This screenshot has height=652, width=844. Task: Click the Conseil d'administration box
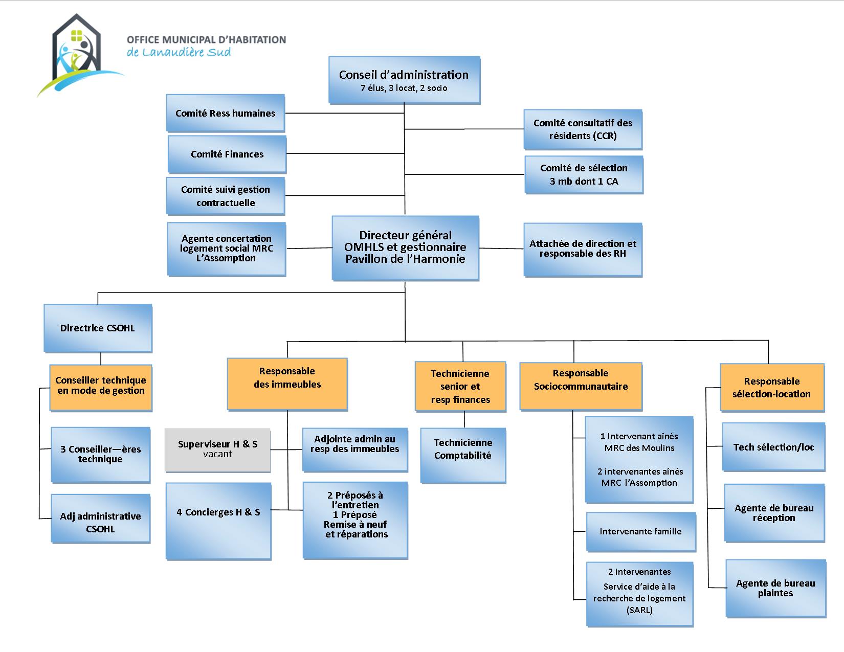coord(404,80)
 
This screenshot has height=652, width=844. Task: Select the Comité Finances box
coord(227,154)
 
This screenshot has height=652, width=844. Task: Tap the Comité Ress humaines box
coord(225,113)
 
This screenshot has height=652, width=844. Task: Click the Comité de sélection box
coord(583,175)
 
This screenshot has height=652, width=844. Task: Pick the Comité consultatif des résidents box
coord(583,129)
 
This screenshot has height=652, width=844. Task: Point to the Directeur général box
coord(405,248)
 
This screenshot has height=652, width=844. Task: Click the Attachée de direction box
coord(583,249)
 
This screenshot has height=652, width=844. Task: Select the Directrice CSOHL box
coord(98,328)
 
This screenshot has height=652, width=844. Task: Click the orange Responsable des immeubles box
coord(287,384)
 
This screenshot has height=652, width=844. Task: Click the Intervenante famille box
coord(640,532)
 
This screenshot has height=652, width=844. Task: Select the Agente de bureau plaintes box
coord(775,588)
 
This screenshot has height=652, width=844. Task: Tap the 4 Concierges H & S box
coord(218,520)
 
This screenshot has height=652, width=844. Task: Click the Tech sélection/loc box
coord(773,447)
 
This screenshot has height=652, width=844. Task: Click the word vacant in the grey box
coord(217,455)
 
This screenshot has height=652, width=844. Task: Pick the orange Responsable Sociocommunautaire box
coord(581,386)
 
